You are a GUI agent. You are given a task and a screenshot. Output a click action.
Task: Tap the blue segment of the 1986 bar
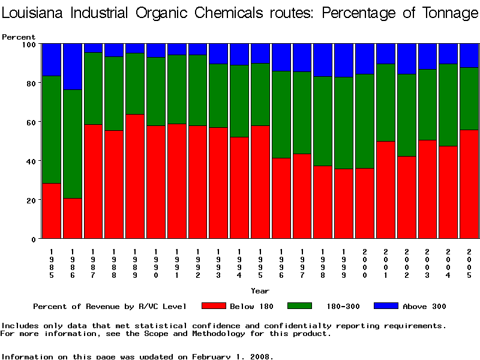tap(73, 67)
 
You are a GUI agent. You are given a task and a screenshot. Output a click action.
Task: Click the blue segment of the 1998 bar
tap(323, 60)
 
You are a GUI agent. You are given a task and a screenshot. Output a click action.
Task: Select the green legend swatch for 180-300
tap(300, 306)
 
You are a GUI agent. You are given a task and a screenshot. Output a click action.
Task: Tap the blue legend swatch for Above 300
tap(386, 306)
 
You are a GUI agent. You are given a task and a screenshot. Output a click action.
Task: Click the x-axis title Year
tap(260, 291)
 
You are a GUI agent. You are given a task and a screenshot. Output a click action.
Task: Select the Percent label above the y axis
tap(19, 37)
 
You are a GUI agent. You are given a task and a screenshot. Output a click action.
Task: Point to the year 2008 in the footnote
tap(259, 356)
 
